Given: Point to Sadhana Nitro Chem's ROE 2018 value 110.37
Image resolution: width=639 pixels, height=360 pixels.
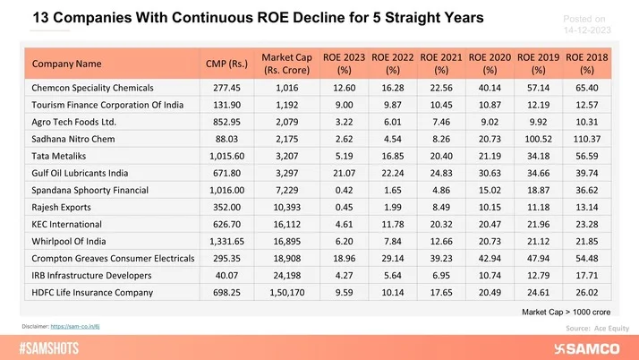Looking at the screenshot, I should (x=587, y=139).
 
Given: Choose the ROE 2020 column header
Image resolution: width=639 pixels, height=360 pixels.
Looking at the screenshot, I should (x=489, y=64).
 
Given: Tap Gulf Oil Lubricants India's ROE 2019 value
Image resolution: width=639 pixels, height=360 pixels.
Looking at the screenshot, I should (x=538, y=173).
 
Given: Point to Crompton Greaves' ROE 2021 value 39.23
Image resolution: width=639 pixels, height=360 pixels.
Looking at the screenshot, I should (x=441, y=258).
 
